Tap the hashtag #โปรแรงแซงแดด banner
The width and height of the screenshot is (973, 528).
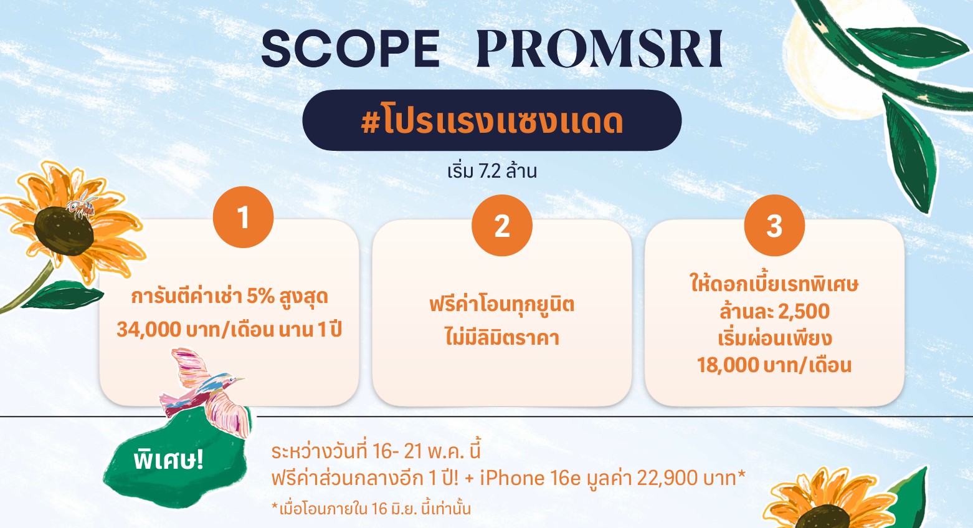(491, 120)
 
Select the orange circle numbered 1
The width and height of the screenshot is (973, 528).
(243, 217)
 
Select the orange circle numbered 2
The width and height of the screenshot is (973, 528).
(501, 226)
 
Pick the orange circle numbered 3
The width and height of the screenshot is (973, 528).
(774, 226)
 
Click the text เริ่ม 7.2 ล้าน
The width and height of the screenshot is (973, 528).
(491, 171)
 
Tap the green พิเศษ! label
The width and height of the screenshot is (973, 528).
(169, 460)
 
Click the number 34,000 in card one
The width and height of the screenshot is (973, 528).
(148, 330)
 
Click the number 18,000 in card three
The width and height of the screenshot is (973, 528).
(728, 365)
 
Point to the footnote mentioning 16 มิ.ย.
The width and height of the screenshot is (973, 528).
(371, 509)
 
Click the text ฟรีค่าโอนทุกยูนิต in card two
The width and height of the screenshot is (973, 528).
(501, 305)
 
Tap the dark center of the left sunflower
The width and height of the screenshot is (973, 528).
(64, 231)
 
